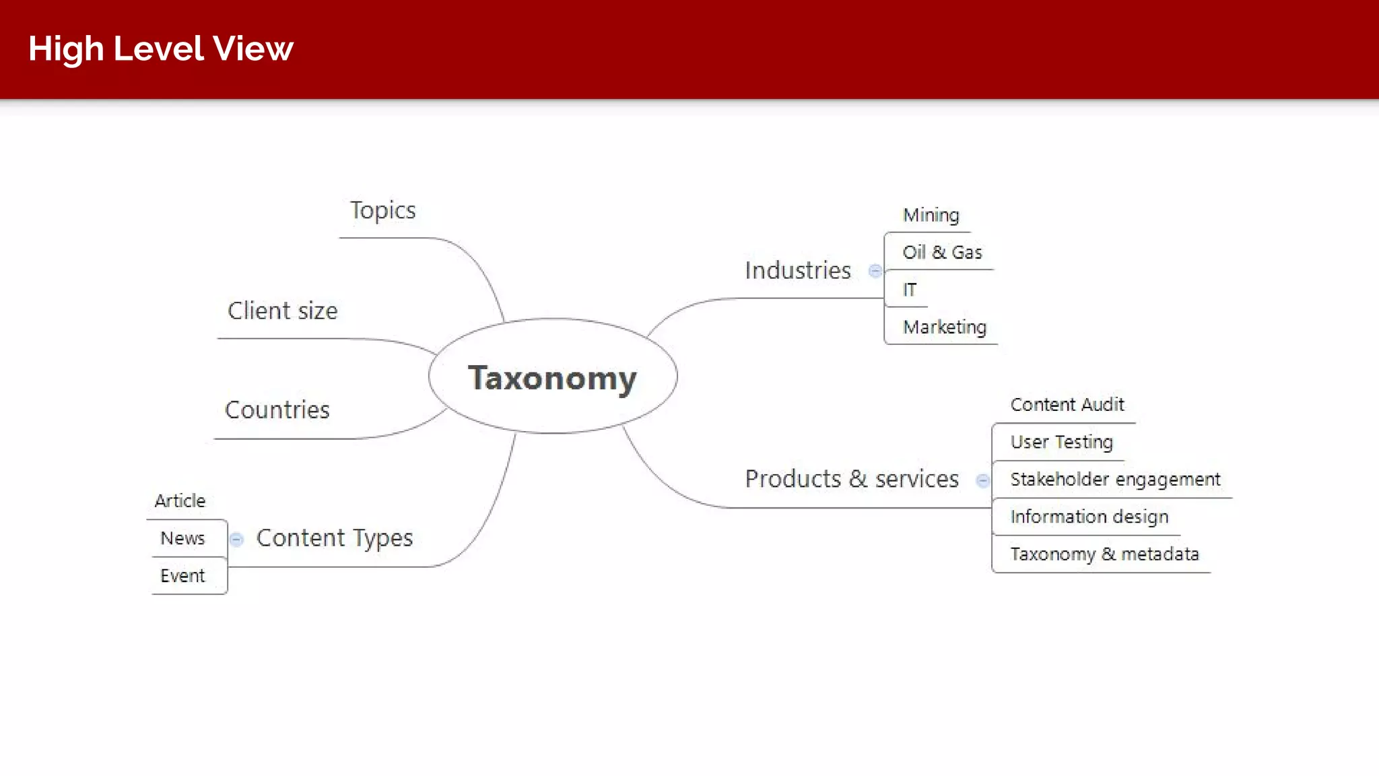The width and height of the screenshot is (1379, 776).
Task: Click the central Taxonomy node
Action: tap(552, 377)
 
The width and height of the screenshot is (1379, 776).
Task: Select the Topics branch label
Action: tap(382, 211)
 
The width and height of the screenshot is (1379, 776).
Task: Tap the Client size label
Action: tap(282, 311)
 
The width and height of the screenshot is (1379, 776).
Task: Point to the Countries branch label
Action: tap(277, 410)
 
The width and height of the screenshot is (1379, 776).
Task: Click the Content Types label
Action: tap(335, 538)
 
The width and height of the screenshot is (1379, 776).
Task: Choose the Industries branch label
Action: tap(797, 270)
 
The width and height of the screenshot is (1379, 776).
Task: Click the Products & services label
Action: tap(851, 479)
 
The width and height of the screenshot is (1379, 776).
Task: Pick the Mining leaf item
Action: tap(931, 215)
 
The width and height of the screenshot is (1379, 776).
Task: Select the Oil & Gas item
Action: tap(942, 252)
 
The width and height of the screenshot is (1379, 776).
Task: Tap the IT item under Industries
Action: tap(910, 290)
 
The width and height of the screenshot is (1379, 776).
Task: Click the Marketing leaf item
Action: tap(944, 327)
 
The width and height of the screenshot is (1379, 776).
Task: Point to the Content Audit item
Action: tap(1067, 404)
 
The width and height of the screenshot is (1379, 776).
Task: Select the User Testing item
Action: tap(1061, 442)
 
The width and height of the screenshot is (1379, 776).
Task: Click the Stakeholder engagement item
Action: tap(1114, 479)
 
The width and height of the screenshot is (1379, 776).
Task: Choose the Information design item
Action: tap(1089, 517)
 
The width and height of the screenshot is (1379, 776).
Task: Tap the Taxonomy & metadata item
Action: tap(1104, 554)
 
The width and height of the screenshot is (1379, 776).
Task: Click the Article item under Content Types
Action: tap(180, 500)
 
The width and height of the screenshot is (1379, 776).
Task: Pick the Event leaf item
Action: tap(182, 576)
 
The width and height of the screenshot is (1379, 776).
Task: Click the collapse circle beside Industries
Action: tap(875, 271)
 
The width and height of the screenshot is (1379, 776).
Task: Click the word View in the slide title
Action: tap(253, 48)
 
